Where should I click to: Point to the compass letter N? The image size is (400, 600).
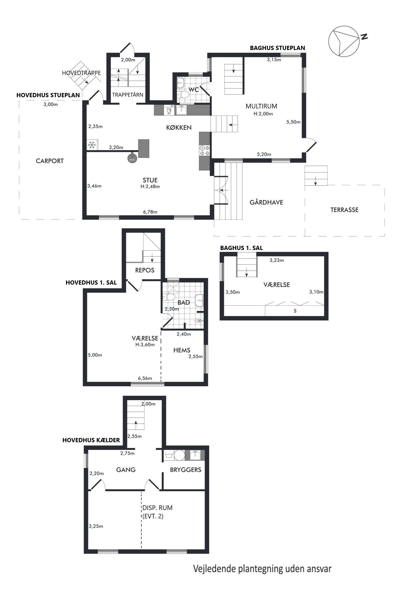(x=364, y=37)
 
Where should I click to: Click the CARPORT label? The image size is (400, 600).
(x=50, y=161)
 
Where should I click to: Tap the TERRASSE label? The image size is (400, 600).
(x=344, y=210)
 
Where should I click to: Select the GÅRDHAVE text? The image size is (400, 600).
(x=266, y=202)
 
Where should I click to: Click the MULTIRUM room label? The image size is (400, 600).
(x=261, y=106)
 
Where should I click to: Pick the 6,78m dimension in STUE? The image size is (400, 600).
(x=150, y=212)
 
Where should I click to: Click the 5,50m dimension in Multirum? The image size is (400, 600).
(x=293, y=122)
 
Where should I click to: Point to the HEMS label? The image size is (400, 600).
(x=182, y=350)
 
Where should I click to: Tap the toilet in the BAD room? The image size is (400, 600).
(x=169, y=297)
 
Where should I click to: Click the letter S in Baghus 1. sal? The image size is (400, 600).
(x=295, y=311)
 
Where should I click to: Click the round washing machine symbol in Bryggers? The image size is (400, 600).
(x=179, y=455)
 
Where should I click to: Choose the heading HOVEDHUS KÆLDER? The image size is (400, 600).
(x=91, y=440)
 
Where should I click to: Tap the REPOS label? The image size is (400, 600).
(x=145, y=270)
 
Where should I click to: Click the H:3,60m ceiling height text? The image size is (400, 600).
(x=145, y=345)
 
